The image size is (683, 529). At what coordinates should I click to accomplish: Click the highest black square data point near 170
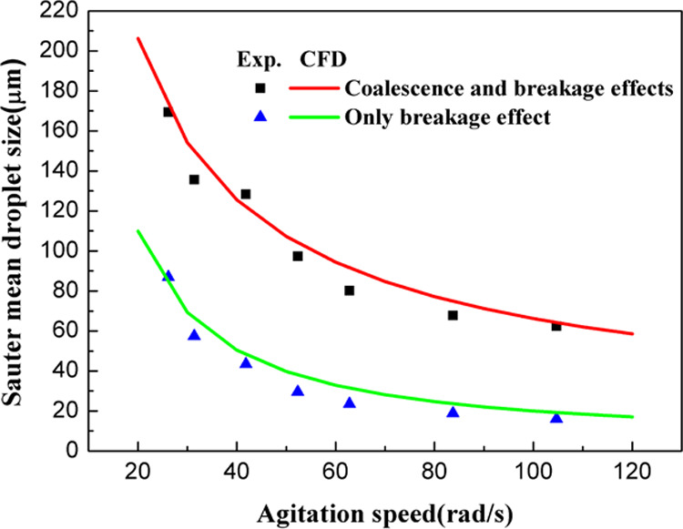[168, 112]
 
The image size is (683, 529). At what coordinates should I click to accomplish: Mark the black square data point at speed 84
[453, 315]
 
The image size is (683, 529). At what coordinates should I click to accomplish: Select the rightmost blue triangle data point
[556, 417]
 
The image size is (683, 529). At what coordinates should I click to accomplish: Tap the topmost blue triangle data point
[168, 276]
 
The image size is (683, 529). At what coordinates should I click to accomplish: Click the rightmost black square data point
[556, 325]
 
